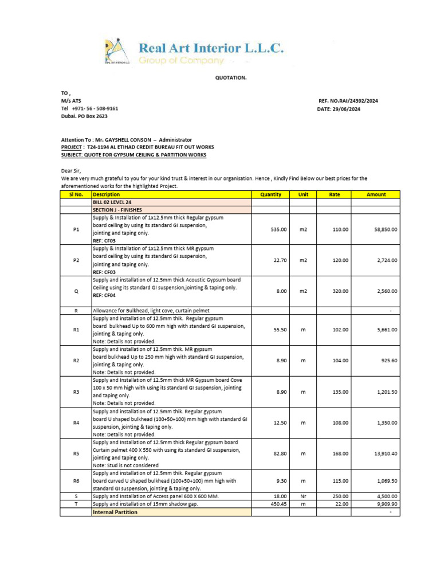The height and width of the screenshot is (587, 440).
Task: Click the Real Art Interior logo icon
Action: coord(117,51)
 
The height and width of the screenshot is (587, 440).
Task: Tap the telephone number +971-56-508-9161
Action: coord(89,108)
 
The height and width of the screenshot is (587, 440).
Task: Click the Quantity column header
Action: coord(270,194)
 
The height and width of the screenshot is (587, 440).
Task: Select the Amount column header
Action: coord(376,194)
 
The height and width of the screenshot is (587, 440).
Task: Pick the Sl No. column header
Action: coord(76,194)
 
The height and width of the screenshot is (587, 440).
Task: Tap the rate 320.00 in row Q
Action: coord(340,291)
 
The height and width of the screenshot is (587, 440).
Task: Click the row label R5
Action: coord(76,453)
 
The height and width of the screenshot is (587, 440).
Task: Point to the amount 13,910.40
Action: coord(385,453)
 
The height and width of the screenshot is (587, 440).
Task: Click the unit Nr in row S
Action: coord(303,496)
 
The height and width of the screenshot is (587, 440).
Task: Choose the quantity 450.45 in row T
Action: coord(278,504)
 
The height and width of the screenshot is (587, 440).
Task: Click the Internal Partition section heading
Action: coord(115,512)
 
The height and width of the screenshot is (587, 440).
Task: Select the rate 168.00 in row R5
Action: coord(340,453)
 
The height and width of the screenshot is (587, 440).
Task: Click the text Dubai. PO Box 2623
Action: coord(84,116)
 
